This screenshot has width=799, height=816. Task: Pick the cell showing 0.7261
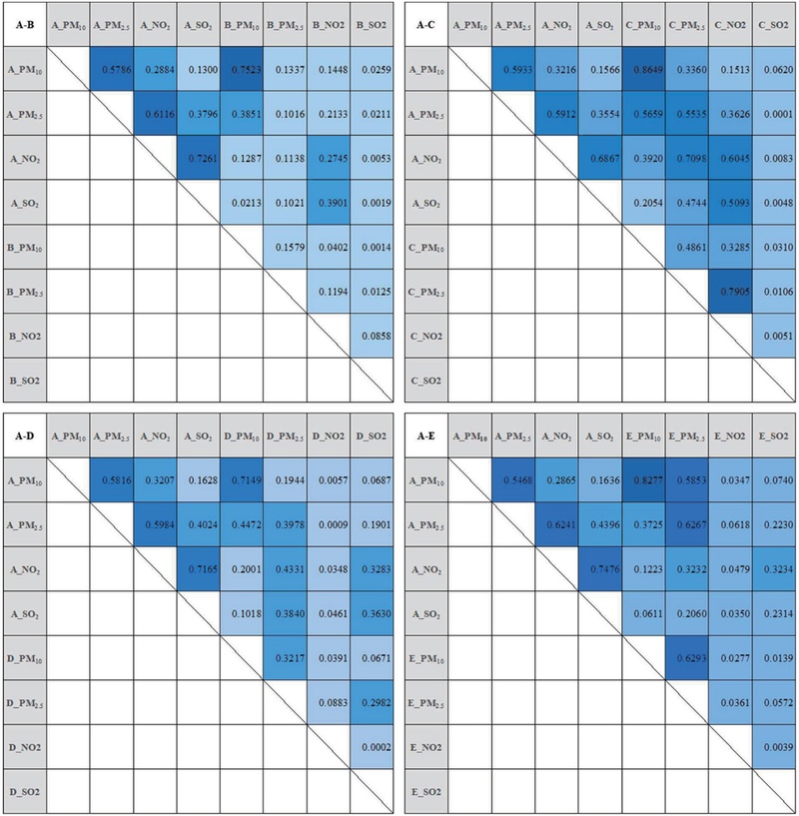(x=199, y=158)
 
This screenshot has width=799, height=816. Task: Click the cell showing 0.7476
(x=600, y=568)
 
